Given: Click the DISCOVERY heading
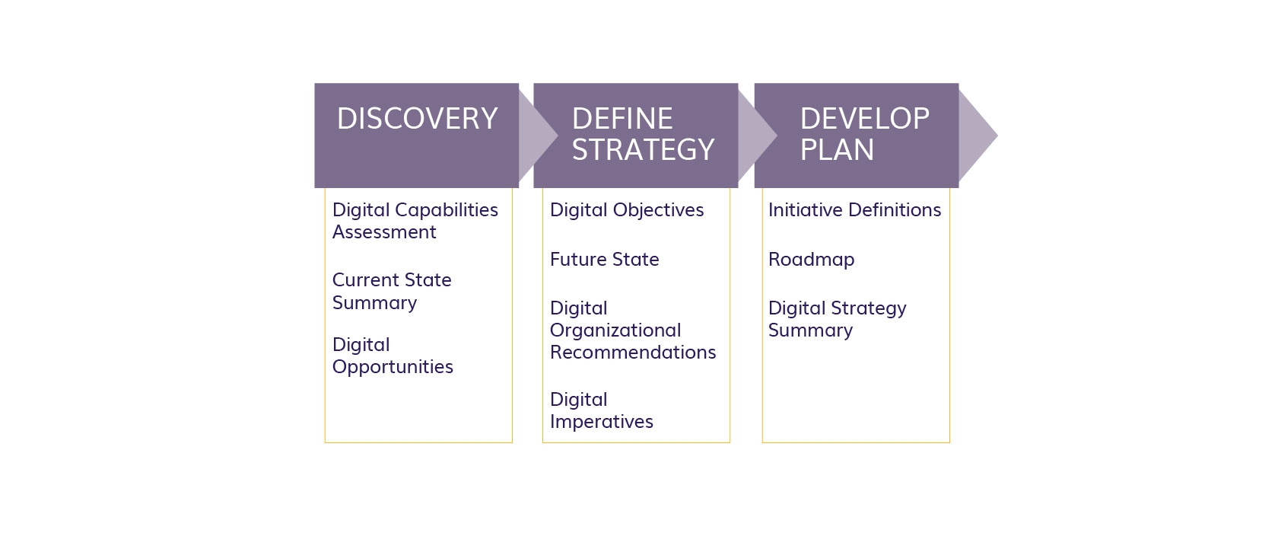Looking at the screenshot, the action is click(x=417, y=119).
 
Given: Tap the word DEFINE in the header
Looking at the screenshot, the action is click(x=622, y=119).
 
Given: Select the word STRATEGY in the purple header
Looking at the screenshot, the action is click(x=643, y=150).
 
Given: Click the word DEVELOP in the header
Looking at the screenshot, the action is click(x=864, y=119).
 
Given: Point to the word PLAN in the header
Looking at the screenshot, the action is click(x=837, y=150).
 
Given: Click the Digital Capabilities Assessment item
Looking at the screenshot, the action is click(x=415, y=221).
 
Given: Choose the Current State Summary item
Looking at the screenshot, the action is click(x=391, y=292).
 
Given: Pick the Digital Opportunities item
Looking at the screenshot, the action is click(x=393, y=356).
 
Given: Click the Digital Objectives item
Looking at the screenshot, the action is click(x=627, y=210).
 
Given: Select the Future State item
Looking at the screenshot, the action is click(x=604, y=260).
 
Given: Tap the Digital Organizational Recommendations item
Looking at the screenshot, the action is click(x=633, y=330).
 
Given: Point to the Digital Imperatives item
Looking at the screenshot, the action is click(x=601, y=410).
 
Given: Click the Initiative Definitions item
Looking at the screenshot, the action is click(x=854, y=209).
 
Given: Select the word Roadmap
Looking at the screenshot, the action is click(x=811, y=260).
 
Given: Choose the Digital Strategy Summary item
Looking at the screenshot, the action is click(x=837, y=319).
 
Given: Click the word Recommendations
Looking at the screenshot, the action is click(x=633, y=353).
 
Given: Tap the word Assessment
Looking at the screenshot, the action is click(x=384, y=232).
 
